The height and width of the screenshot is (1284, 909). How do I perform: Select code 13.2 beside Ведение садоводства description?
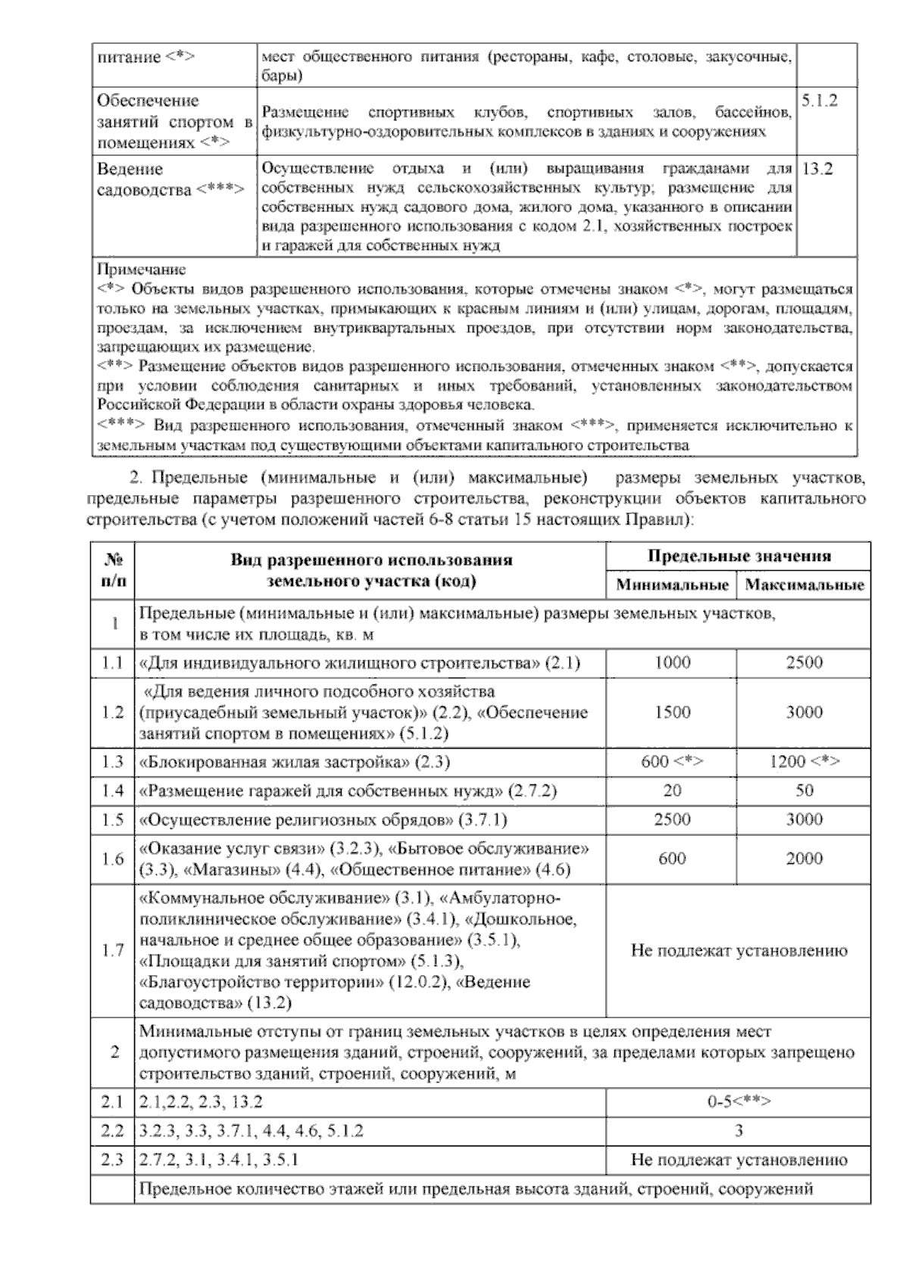click(x=817, y=170)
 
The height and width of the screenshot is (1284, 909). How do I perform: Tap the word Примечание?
click(x=142, y=270)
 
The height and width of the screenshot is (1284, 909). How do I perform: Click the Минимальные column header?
click(x=673, y=585)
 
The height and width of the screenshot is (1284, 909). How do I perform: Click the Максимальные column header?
click(x=804, y=585)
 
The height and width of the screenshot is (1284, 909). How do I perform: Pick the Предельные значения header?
click(x=739, y=556)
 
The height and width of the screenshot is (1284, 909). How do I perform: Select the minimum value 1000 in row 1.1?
click(x=673, y=663)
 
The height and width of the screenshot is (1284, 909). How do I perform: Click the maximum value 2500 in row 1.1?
click(x=804, y=663)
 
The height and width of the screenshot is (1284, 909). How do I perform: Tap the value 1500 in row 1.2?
click(x=673, y=712)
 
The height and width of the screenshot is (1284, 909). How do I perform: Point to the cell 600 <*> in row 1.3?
click(x=673, y=762)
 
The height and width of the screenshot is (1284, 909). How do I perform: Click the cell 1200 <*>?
click(x=804, y=762)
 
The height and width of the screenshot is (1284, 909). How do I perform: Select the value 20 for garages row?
click(x=673, y=791)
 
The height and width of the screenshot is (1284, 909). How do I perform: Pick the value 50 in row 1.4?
click(x=804, y=791)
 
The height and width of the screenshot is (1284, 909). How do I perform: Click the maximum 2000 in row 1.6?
click(x=804, y=859)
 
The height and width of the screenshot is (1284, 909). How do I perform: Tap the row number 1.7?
click(x=113, y=951)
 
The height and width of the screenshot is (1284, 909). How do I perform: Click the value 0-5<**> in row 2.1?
click(x=739, y=1102)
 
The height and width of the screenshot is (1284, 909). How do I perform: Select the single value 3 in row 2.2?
click(x=739, y=1131)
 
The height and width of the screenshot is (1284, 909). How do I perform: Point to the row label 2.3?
click(x=113, y=1160)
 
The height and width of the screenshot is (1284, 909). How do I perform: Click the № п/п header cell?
click(x=113, y=571)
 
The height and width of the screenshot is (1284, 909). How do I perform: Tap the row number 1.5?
click(x=113, y=821)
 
